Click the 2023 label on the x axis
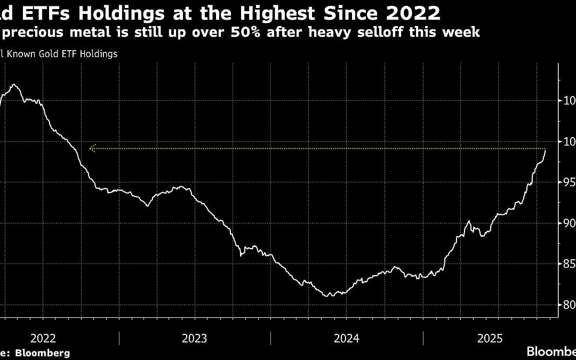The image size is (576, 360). tap(194, 338)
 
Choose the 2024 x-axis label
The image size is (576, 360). tap(346, 338)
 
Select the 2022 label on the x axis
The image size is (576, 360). tap(43, 338)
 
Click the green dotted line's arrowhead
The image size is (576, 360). tap(92, 148)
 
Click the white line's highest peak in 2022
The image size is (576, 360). tap(13, 84)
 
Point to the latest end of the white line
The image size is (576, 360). tap(545, 150)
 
